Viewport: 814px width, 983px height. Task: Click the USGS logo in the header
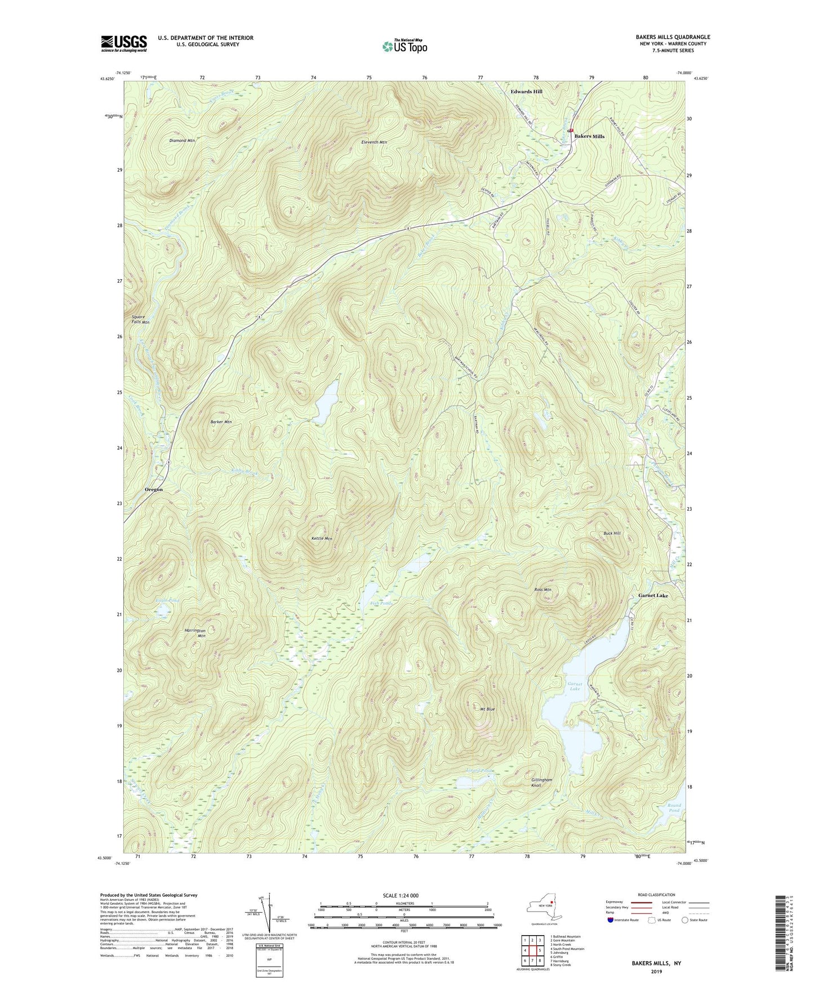point(124,43)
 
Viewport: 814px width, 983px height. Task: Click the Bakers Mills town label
point(589,136)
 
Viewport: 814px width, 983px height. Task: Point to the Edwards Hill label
point(526,91)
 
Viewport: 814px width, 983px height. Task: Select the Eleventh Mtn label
point(374,142)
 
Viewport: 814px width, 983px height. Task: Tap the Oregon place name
point(154,489)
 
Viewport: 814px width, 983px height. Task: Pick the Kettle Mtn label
point(322,539)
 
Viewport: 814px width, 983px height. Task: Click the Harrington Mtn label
point(195,633)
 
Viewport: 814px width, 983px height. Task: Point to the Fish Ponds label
point(381,603)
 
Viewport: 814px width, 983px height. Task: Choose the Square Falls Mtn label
point(141,319)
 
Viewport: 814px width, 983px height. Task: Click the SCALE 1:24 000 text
point(400,895)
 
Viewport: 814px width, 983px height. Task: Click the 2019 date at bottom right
point(656,971)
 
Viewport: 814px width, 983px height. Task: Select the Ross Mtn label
point(542,590)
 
